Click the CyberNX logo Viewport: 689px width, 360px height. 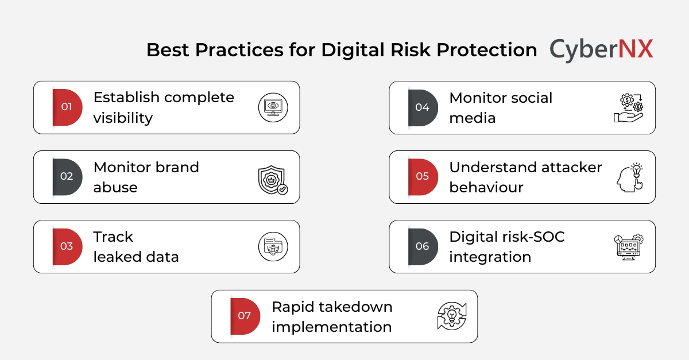tap(601, 49)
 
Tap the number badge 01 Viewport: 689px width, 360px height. tap(67, 107)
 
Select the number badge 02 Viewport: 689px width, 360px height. tap(67, 176)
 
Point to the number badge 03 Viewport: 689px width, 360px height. tap(67, 246)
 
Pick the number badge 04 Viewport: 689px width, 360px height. tap(422, 107)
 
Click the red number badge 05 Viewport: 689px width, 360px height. tap(422, 176)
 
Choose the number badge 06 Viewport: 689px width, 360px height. tap(422, 246)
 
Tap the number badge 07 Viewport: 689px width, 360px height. tap(245, 316)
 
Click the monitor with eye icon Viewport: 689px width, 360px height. tap(273, 107)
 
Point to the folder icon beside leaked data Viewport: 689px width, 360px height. tap(273, 247)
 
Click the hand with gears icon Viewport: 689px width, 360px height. tap(628, 108)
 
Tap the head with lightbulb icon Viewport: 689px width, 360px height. tap(628, 177)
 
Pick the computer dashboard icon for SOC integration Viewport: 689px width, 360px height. tap(628, 247)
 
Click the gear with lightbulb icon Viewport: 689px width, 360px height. tap(451, 316)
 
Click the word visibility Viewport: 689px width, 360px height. tap(123, 118)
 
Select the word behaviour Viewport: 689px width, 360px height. tap(486, 188)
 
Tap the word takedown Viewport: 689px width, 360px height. tap(355, 307)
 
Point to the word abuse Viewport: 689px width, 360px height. tap(115, 188)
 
